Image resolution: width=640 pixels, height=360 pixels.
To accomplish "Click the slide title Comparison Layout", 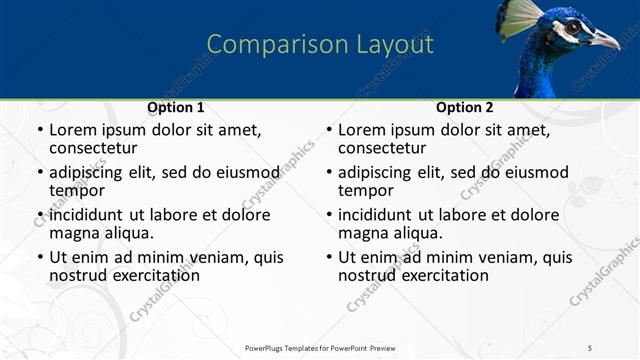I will (320, 45).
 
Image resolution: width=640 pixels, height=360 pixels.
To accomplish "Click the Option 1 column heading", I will (176, 107).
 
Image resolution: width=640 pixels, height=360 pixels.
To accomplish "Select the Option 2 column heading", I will (465, 107).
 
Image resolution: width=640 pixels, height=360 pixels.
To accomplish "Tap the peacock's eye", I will (572, 28).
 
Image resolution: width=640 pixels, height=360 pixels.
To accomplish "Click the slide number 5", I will (590, 347).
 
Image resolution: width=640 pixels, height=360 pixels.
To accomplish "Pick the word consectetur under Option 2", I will (382, 148).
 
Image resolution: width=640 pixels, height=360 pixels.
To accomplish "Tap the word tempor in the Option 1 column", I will (77, 190).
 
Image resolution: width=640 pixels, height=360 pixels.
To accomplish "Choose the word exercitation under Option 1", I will (153, 275).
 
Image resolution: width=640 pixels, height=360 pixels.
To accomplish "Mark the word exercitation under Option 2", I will (442, 275).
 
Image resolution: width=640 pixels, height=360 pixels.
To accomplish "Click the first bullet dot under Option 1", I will (39, 131).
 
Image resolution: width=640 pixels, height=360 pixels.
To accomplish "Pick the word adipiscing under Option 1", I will (90, 172).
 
